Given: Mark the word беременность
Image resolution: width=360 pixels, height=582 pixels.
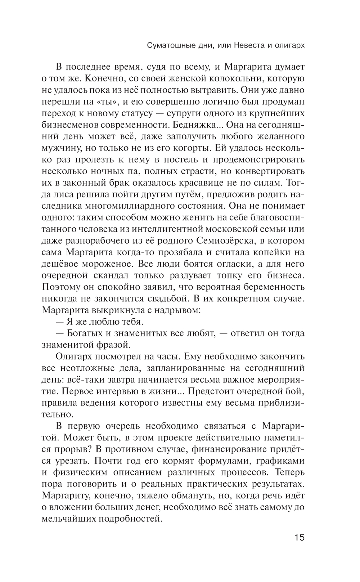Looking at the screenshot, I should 275,287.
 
